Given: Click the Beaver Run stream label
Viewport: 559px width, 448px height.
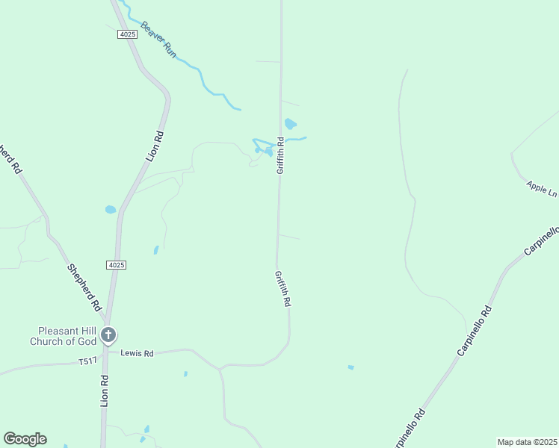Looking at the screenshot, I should point(158,40).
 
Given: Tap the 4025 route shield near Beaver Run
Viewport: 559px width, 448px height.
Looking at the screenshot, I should point(128,34).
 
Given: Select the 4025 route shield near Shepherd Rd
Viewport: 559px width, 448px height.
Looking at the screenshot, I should point(116,264).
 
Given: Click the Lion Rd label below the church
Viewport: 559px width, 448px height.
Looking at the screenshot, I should point(105,390).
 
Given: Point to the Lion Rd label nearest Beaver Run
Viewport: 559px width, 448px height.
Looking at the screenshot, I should point(155,146).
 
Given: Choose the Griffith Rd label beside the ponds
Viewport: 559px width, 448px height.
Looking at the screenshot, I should point(280,155).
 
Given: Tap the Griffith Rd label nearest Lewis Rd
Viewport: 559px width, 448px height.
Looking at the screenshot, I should point(282,289).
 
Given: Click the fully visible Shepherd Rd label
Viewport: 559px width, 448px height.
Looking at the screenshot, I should point(84,287).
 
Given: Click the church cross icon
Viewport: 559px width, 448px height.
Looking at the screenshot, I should point(109,335).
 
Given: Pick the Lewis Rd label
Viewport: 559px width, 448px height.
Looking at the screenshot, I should point(138,352).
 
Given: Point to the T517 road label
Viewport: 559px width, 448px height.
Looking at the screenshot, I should point(87,362).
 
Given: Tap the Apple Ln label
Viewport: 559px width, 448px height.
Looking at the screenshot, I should point(542,188).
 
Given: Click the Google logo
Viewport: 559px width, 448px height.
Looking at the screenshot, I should point(25,439).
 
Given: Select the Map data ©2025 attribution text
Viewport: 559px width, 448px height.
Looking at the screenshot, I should point(527,442).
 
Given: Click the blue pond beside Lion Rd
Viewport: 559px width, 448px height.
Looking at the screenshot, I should point(111,210).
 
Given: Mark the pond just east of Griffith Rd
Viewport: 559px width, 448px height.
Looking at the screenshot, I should point(291,124).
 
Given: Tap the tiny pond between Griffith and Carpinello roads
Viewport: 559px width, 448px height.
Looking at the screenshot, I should point(350,367).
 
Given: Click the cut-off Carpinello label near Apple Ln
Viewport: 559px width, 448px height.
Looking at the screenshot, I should point(541,241).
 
